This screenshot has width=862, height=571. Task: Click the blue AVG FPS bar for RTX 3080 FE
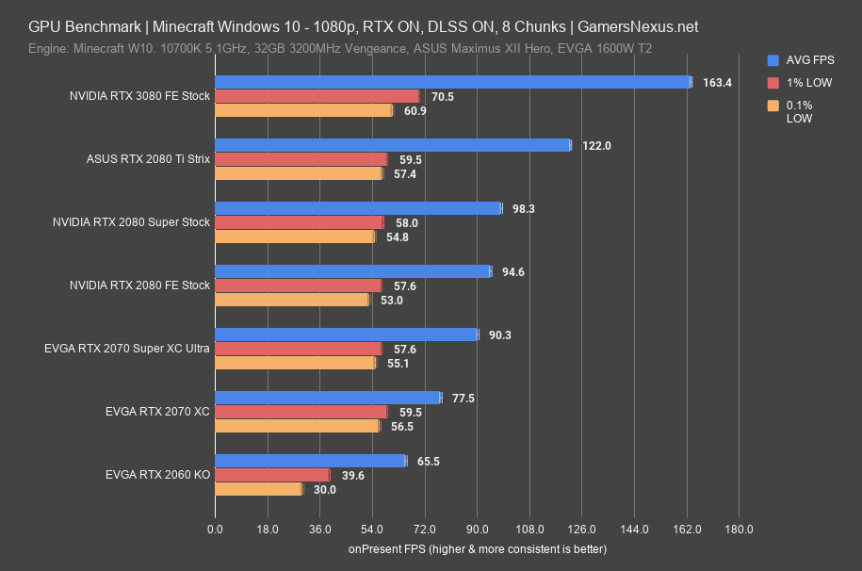tap(452, 82)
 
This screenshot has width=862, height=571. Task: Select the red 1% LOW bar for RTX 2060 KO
tap(272, 475)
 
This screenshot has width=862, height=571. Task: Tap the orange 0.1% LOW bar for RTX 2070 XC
tap(297, 426)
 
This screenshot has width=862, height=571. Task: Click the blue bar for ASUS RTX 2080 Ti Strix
tap(393, 145)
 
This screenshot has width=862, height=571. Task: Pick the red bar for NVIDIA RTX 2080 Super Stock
tap(300, 222)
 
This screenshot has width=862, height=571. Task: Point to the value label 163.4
tap(717, 83)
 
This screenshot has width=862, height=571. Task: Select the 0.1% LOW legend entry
tap(799, 112)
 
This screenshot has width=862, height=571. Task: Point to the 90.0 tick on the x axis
tap(477, 529)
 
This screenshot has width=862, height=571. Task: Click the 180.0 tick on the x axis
tap(739, 529)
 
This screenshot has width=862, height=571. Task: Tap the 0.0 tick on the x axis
tap(215, 529)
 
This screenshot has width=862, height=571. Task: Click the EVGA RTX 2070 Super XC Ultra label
tap(126, 349)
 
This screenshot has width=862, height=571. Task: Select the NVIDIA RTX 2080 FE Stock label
tap(139, 285)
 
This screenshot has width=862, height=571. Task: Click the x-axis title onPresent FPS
tap(477, 548)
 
